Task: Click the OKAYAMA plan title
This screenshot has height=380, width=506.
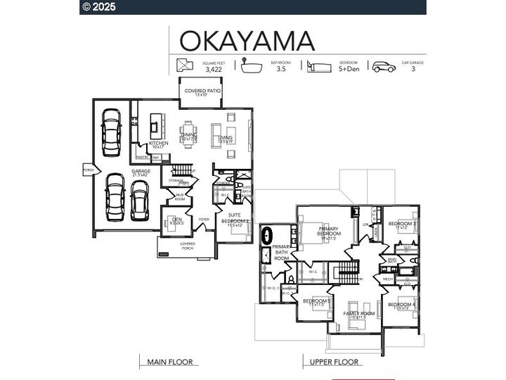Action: [246, 40]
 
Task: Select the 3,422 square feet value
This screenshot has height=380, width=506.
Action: [214, 70]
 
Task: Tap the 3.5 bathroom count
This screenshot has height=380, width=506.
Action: [281, 70]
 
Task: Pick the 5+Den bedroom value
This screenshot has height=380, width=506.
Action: [349, 70]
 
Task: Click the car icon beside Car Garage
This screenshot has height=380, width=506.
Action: [384, 67]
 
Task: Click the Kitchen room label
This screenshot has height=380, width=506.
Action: [158, 144]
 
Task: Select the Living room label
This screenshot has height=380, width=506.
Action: [226, 139]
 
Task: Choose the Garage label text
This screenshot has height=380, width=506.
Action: [141, 171]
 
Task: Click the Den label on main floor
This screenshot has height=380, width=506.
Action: [177, 221]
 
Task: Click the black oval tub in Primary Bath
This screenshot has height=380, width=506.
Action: [267, 234]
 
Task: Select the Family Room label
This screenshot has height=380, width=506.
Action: [358, 314]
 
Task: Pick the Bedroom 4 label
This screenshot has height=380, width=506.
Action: [400, 305]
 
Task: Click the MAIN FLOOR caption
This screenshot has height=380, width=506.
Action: [169, 362]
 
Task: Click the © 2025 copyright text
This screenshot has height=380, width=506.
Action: [99, 7]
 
